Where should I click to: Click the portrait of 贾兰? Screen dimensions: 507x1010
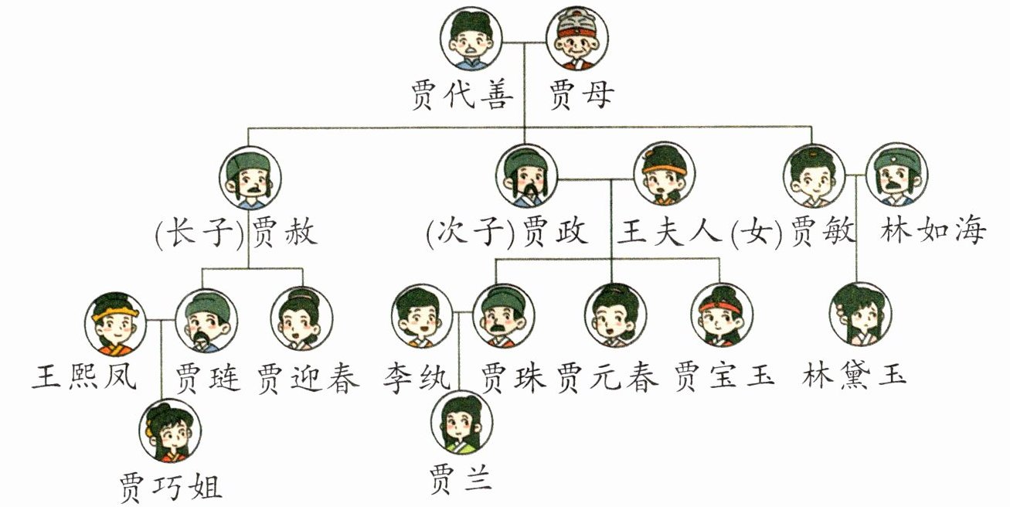[x=462, y=422]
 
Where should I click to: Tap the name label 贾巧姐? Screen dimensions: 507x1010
[x=172, y=487]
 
